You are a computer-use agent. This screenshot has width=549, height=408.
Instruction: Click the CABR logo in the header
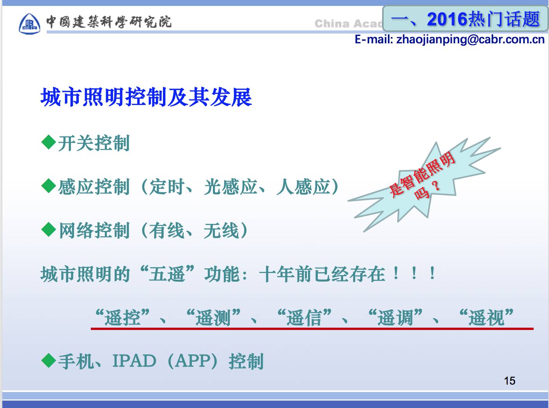(x=30, y=23)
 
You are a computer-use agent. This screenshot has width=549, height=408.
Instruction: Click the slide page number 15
(x=510, y=381)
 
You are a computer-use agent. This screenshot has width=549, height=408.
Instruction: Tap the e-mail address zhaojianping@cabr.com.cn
(x=470, y=40)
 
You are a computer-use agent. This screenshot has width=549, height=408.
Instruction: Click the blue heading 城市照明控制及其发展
(x=146, y=97)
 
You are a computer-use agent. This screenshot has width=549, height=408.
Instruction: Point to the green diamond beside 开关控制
(x=49, y=142)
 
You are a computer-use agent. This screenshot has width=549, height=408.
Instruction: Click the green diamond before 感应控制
(x=49, y=186)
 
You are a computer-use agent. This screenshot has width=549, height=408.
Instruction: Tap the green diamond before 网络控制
(x=49, y=229)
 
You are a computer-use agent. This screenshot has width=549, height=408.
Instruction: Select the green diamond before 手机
(x=49, y=360)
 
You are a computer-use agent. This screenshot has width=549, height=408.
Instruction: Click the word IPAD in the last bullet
(x=134, y=361)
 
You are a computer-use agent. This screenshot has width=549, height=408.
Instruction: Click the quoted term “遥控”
(x=122, y=318)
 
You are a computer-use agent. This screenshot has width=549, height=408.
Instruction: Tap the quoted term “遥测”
(x=213, y=318)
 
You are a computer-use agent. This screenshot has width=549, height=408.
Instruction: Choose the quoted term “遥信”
(x=304, y=318)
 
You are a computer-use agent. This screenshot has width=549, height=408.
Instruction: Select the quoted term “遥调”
(x=395, y=318)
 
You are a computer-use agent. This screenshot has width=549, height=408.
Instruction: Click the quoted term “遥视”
(x=486, y=318)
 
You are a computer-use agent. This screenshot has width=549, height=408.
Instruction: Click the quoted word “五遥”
(x=167, y=274)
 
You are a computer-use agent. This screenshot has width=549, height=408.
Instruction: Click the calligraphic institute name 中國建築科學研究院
(x=109, y=22)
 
